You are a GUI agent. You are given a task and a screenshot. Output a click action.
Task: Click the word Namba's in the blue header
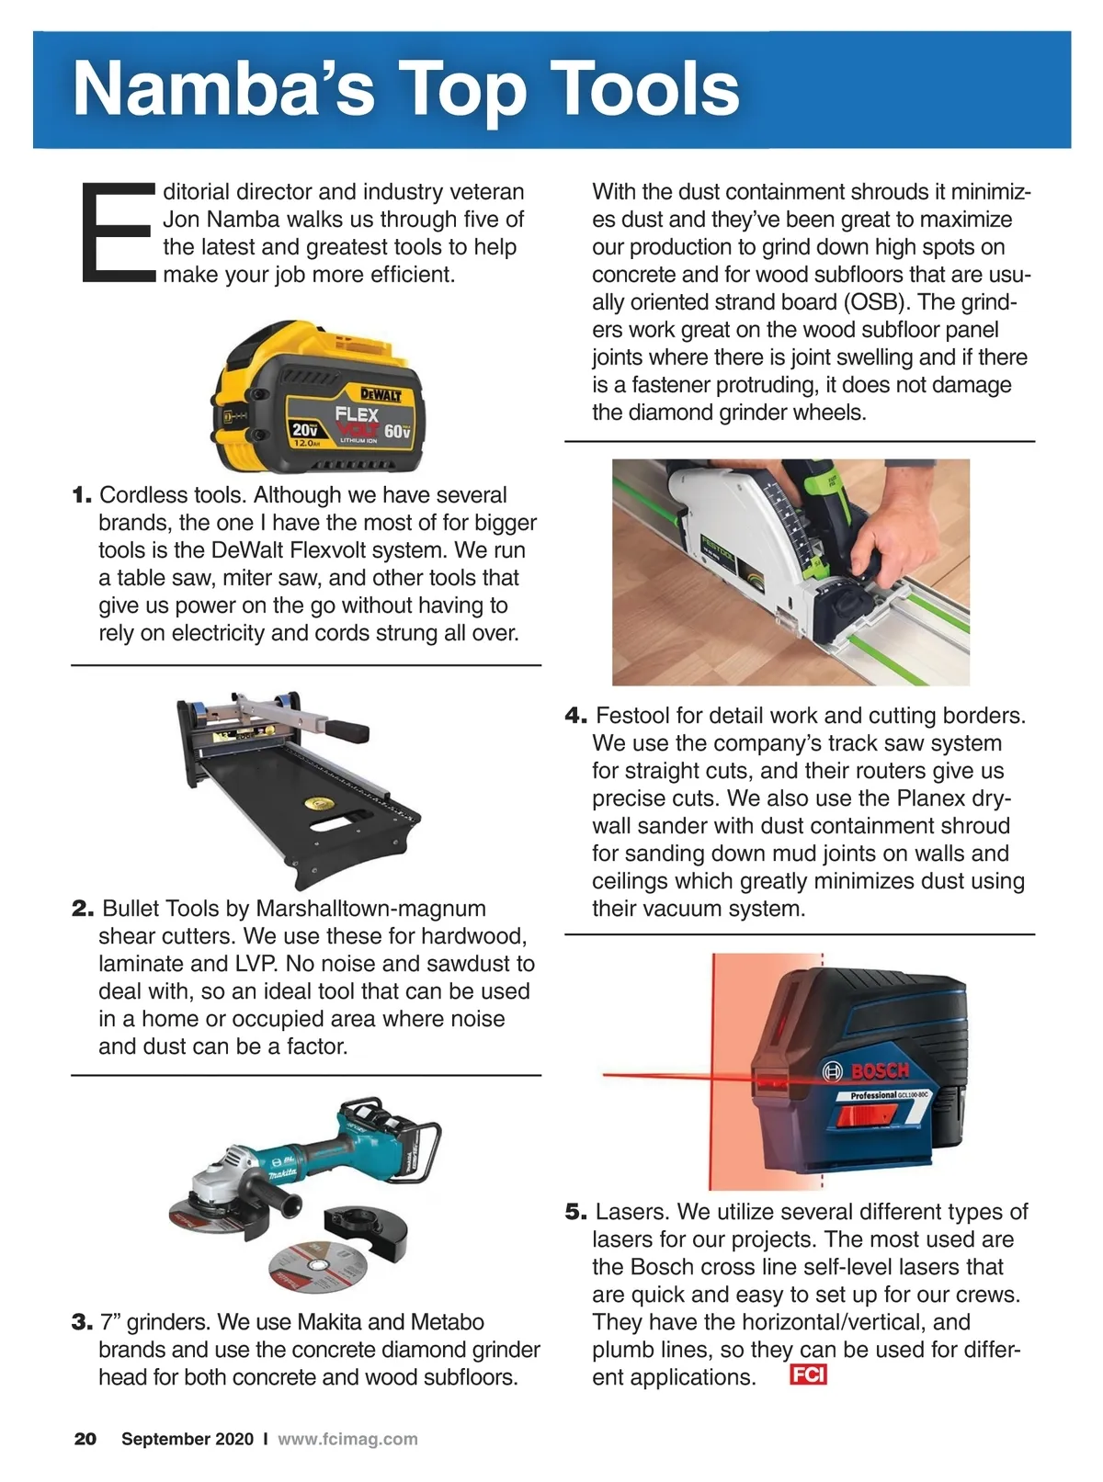[224, 88]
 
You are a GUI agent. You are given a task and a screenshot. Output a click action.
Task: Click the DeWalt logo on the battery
[381, 395]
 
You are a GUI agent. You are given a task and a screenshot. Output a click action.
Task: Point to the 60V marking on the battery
[397, 432]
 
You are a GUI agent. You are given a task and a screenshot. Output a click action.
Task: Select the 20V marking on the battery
[304, 429]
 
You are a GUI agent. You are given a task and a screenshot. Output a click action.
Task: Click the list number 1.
[82, 495]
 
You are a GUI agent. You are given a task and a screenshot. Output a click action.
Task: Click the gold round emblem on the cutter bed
[320, 803]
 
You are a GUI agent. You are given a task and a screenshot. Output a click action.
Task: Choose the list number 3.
[82, 1322]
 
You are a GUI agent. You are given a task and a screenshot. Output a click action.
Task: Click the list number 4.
[575, 716]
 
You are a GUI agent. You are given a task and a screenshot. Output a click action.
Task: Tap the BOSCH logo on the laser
[867, 1070]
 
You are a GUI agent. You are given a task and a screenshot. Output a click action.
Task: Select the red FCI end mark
[808, 1375]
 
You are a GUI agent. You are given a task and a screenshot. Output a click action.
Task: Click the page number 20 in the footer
[85, 1439]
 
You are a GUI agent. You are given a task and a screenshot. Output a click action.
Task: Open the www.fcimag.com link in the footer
[347, 1439]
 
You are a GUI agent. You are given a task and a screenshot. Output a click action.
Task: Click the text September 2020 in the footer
[188, 1439]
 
